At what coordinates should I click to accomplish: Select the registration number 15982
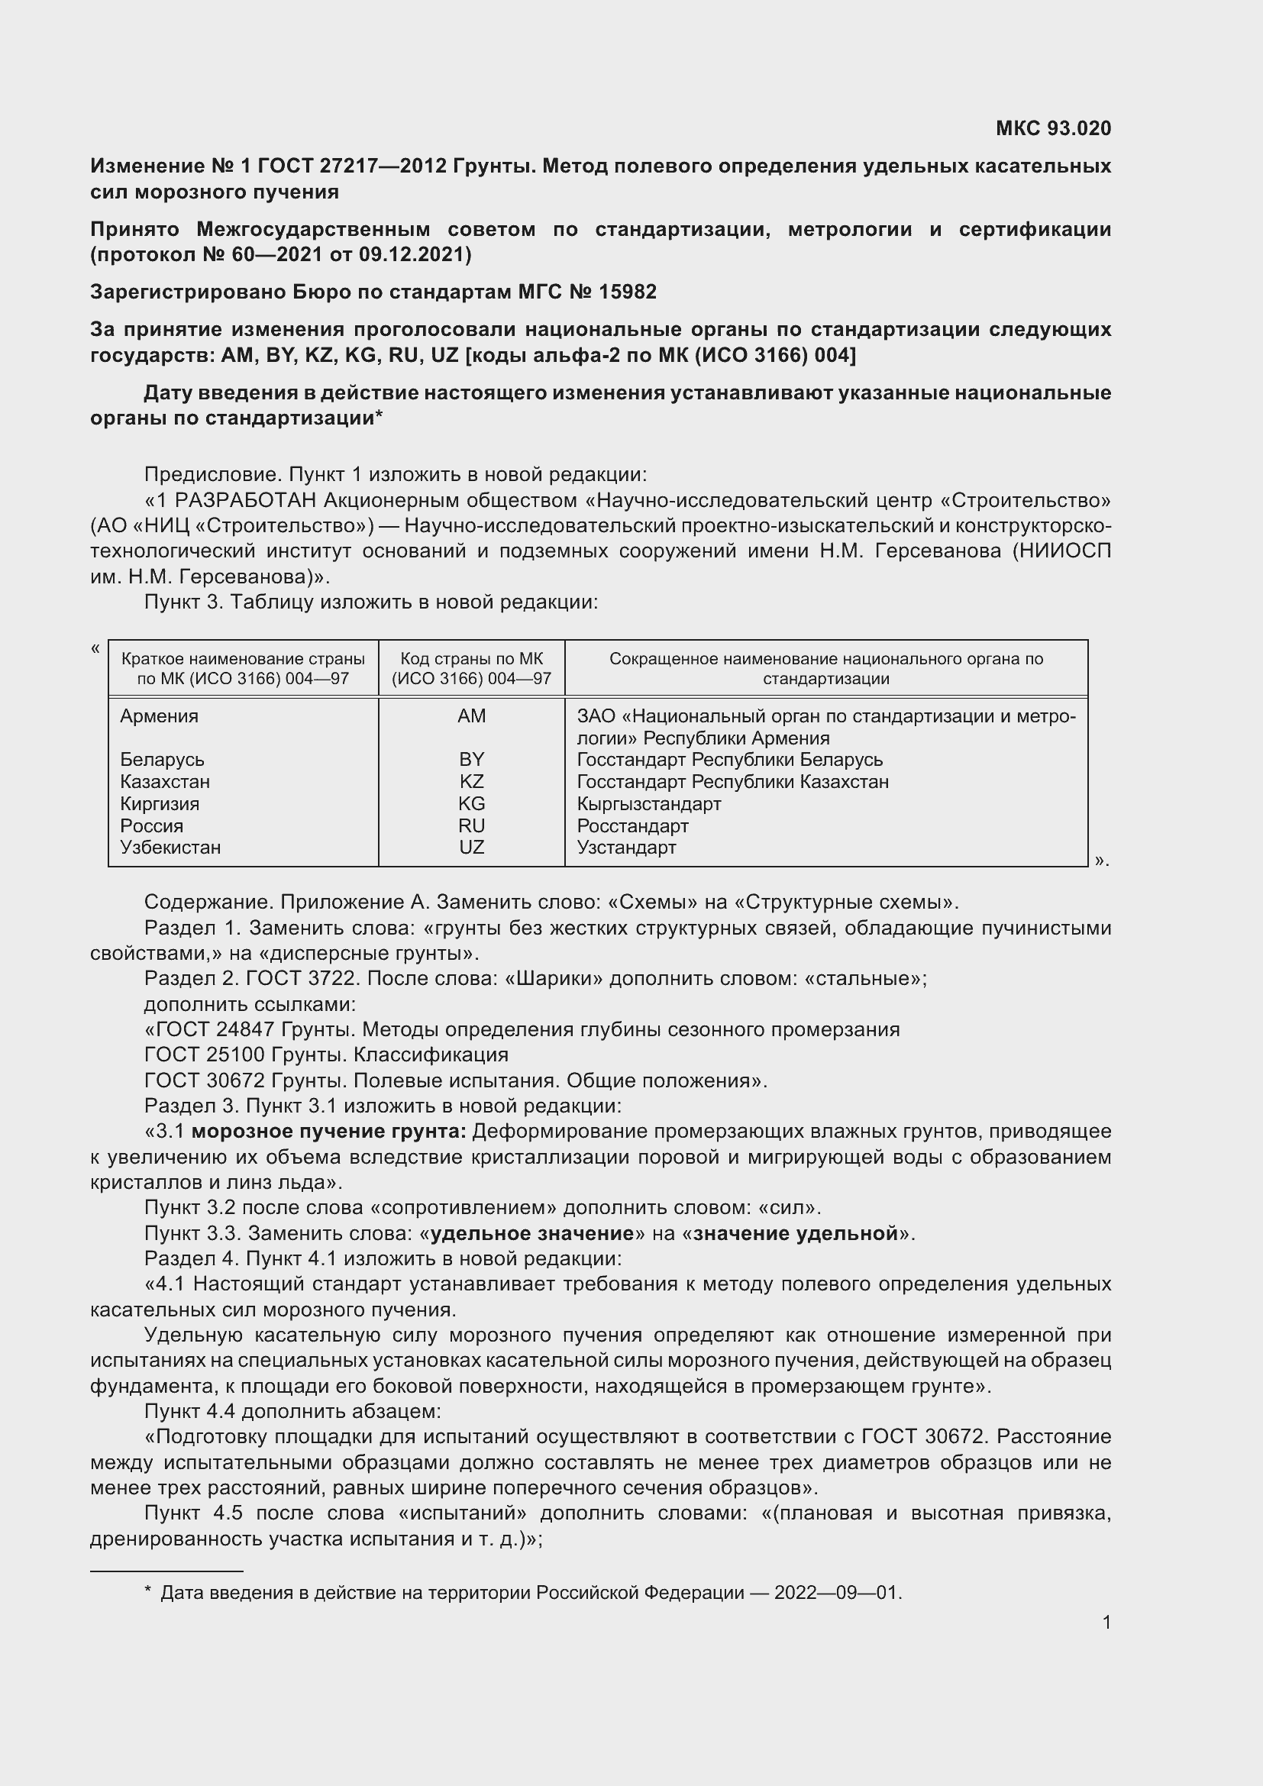(628, 292)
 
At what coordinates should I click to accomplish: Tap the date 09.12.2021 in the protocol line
(414, 254)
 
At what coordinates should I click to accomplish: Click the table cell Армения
(160, 716)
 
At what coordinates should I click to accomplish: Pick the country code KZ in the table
(471, 782)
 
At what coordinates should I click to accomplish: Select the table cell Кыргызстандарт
(648, 803)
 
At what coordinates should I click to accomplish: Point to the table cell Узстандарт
(626, 847)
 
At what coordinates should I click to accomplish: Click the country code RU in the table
(471, 825)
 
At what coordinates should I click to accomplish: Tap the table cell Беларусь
(162, 759)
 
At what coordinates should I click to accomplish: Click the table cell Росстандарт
(632, 825)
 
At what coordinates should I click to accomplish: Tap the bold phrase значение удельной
(796, 1233)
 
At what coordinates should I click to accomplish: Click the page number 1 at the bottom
(1106, 1622)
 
